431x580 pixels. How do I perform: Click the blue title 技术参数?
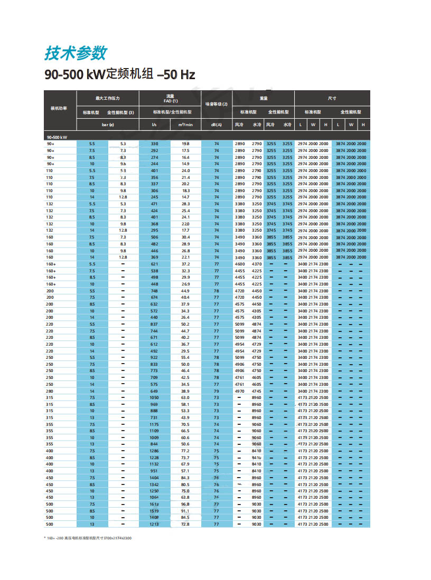point(76,53)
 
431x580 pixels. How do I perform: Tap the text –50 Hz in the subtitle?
point(176,74)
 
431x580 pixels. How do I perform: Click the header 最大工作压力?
point(107,98)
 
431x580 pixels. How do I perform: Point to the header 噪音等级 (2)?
point(217,104)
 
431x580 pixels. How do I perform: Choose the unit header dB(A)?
point(217,125)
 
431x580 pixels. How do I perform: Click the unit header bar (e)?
point(108,125)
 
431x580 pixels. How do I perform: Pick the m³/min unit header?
point(185,125)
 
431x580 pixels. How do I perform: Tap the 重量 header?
point(264,98)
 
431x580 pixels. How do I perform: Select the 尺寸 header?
point(332,98)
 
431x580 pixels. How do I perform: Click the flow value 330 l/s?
point(155,144)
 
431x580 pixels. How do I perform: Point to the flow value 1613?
point(155,504)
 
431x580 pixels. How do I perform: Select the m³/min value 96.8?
point(185,504)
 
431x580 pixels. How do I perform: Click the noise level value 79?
point(217,391)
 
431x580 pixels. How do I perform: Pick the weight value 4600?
point(240,264)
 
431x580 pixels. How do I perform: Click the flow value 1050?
point(154,397)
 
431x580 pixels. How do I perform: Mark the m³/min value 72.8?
point(185,524)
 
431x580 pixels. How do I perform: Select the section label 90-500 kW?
point(55,137)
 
